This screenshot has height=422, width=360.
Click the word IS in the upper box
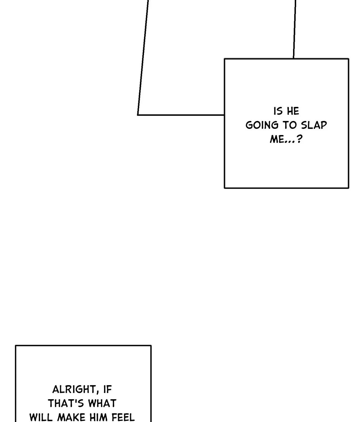(278, 111)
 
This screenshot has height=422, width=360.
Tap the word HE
(293, 111)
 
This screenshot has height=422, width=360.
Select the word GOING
(262, 125)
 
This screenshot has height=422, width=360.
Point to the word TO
(289, 125)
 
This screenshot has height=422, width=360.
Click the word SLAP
(314, 125)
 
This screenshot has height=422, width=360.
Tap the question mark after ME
(299, 139)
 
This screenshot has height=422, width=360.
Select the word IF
(108, 390)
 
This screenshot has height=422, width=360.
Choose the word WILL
(41, 417)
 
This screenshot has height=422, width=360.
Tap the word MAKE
(70, 417)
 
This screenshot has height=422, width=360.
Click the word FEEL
(123, 417)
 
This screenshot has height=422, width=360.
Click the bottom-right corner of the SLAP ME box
(348, 188)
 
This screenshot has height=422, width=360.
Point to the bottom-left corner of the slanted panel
(138, 115)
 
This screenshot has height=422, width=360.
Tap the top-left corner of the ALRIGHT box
(16, 346)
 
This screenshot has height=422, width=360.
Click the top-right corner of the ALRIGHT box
(151, 346)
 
